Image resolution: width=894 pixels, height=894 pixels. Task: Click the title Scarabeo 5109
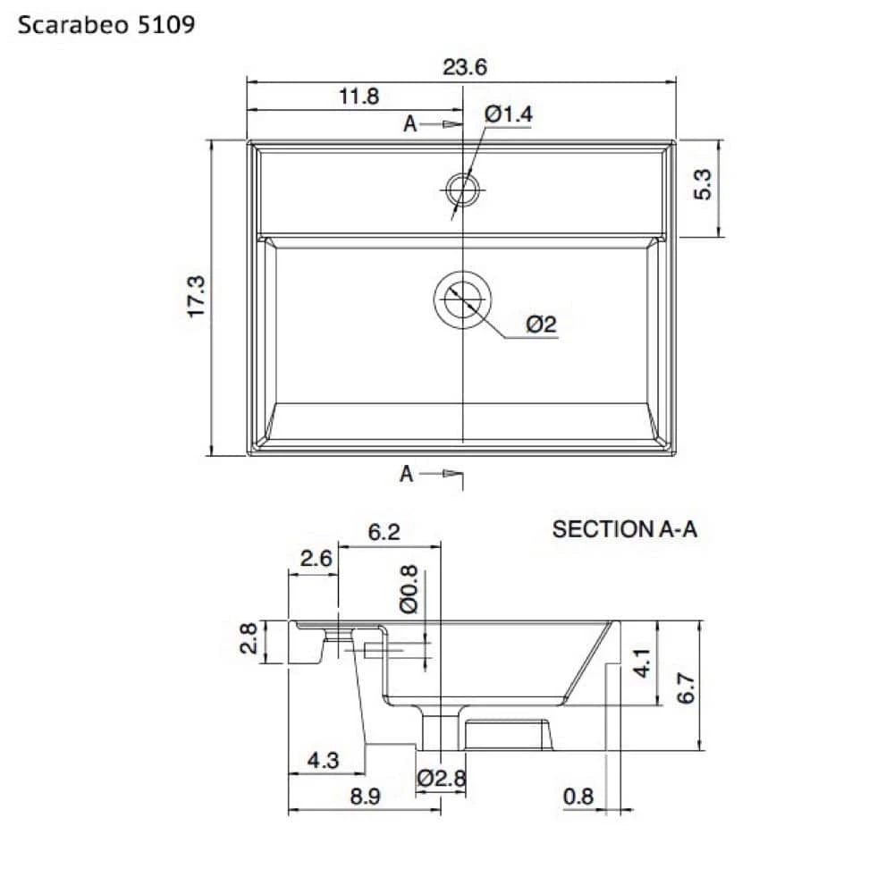coord(106,25)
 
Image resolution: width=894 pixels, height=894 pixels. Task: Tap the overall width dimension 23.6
coord(465,67)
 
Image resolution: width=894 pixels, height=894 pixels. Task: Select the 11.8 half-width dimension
coord(358,97)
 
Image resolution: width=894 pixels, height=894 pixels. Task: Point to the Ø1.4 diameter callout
coord(508,114)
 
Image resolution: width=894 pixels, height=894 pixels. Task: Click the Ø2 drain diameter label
coord(541,325)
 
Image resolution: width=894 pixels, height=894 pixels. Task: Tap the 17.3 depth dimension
coord(196,297)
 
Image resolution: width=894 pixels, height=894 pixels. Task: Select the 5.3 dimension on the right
coord(703,184)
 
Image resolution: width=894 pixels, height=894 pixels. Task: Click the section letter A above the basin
coord(410,123)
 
